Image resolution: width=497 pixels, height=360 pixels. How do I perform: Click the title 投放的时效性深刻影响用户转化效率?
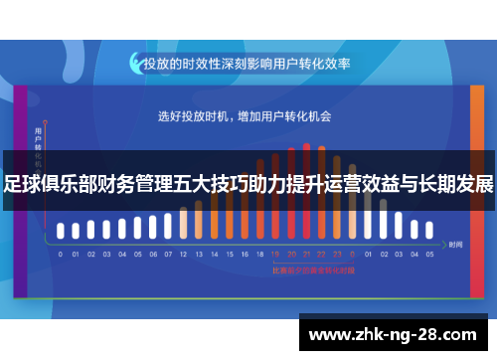coord(248,63)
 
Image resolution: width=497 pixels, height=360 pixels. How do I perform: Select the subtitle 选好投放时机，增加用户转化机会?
coord(245,116)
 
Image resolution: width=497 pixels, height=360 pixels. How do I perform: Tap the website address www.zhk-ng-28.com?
coord(397,333)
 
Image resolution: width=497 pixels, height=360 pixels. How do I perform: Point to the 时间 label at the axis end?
coord(456,244)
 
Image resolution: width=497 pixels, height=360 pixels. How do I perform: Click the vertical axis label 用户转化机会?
coord(38,149)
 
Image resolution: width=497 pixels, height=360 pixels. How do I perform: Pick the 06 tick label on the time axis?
coord(152,254)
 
